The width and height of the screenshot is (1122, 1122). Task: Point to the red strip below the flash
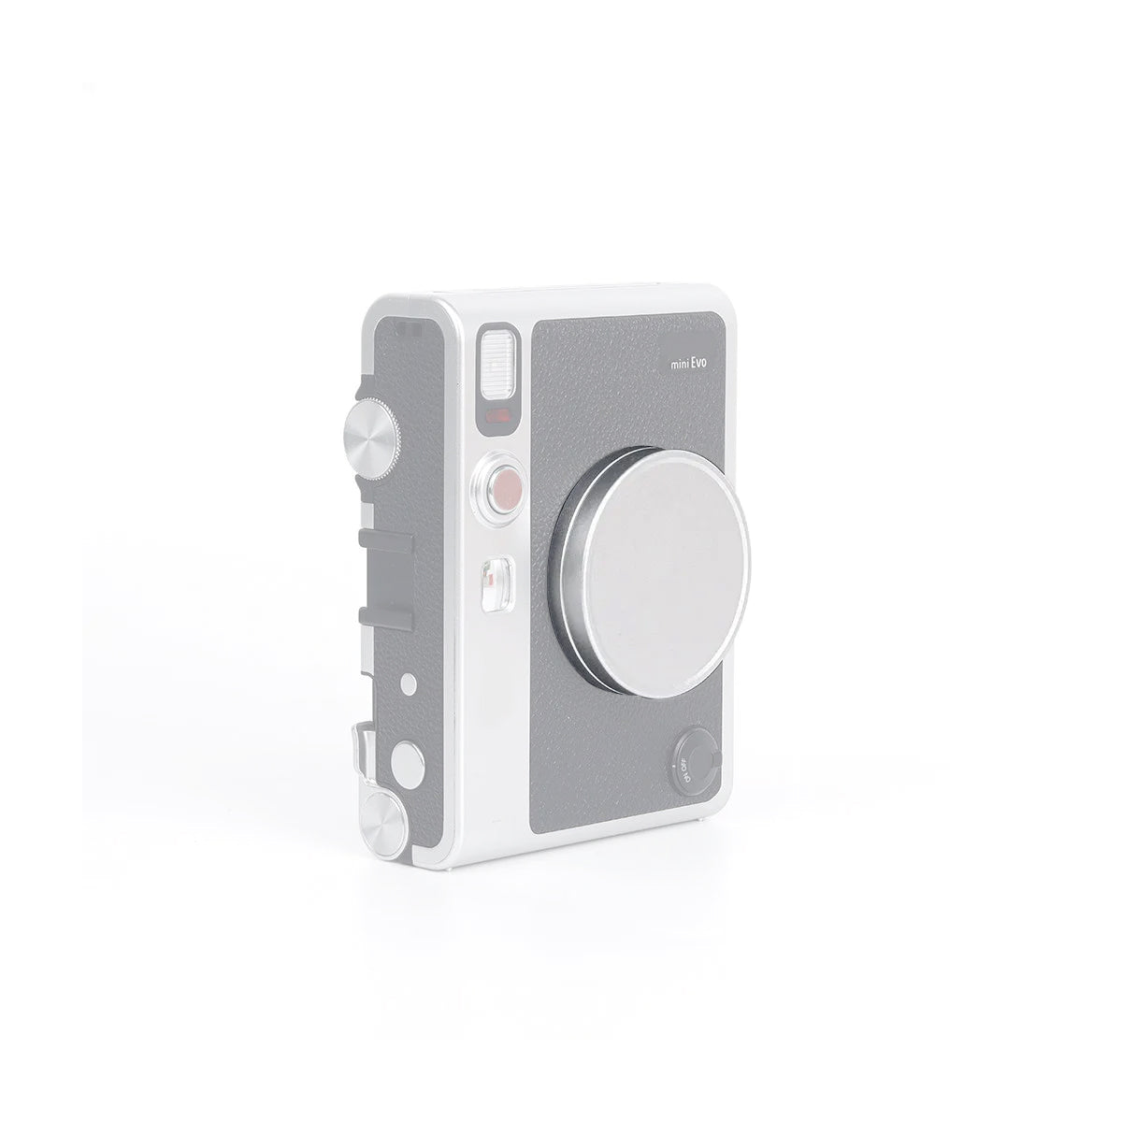(497, 414)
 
